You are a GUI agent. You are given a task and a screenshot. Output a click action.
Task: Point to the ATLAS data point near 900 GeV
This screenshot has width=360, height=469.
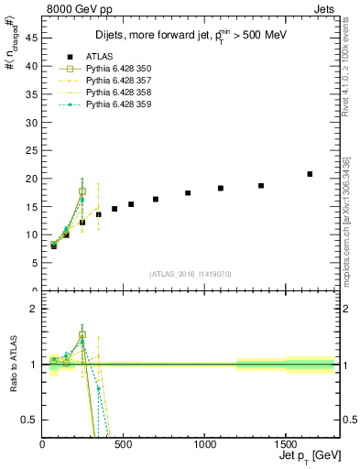pyautogui.click(x=188, y=193)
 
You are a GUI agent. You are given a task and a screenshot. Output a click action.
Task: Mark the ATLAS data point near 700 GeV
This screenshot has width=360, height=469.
pyautogui.click(x=156, y=199)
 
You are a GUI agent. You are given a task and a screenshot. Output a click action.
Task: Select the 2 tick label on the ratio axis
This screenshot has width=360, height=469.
pyautogui.click(x=35, y=309)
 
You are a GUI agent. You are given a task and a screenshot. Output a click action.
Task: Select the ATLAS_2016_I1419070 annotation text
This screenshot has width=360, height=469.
pyautogui.click(x=190, y=274)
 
